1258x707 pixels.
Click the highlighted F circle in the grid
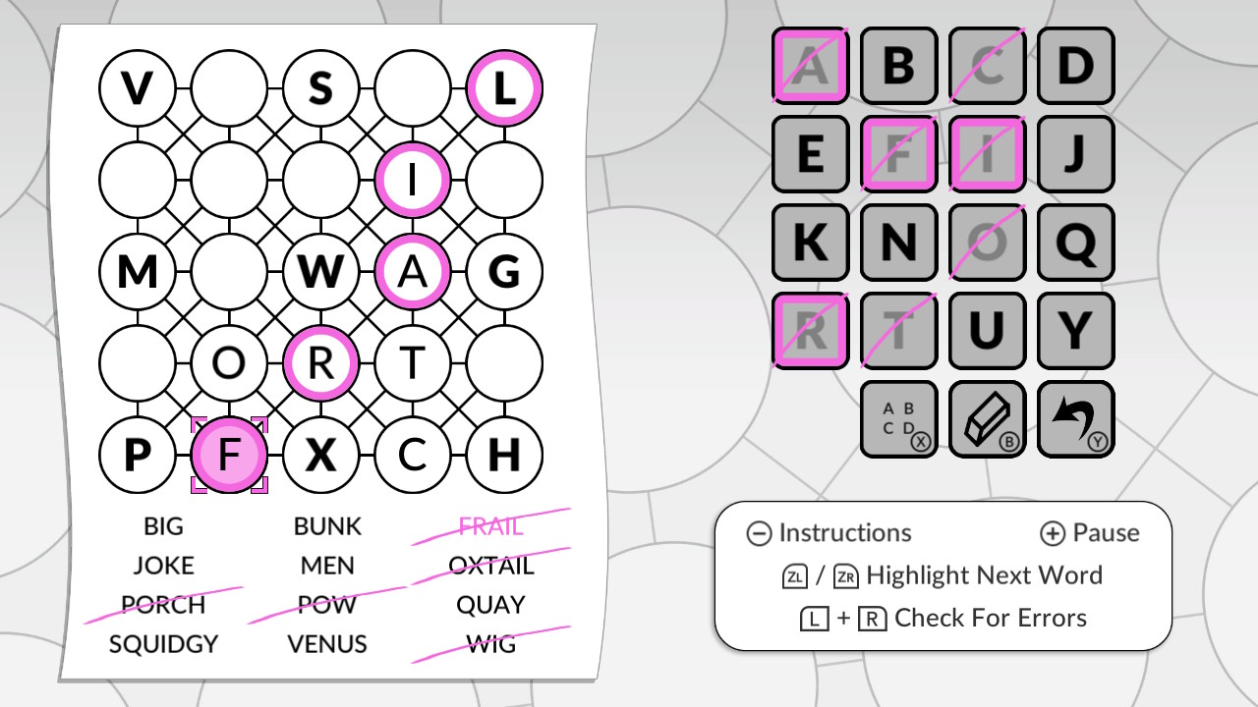point(228,455)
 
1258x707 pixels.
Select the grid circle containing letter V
point(137,88)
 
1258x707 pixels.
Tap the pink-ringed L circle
point(504,88)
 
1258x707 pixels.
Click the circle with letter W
point(320,271)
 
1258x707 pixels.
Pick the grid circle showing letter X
point(320,455)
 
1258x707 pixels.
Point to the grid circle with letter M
point(137,271)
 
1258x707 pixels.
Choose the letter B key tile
point(898,66)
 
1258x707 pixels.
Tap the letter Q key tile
point(1075,243)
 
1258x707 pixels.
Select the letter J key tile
point(1075,154)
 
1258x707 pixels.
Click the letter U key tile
point(987,331)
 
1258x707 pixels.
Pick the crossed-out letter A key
point(810,66)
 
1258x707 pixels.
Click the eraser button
point(987,419)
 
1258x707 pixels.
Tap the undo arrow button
point(1075,419)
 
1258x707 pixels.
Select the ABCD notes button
point(898,419)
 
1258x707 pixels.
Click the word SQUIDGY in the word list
point(163,644)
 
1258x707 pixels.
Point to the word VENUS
point(327,644)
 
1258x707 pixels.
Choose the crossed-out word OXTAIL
point(491,566)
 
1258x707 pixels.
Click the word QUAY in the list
point(491,605)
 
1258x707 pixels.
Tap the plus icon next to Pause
point(1052,533)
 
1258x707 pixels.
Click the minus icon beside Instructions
point(759,533)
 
